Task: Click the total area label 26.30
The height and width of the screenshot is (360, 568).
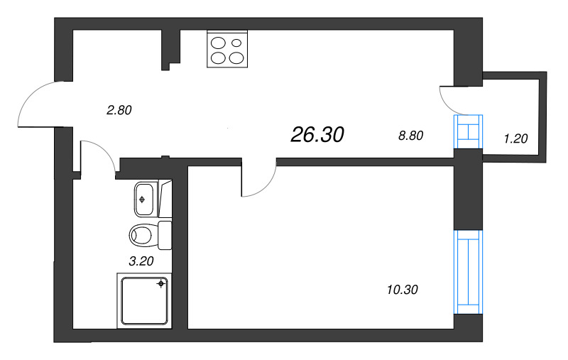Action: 317,134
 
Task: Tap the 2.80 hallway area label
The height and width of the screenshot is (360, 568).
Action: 119,110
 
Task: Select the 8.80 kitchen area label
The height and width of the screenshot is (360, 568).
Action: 411,136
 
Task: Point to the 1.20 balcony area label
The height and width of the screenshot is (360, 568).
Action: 515,138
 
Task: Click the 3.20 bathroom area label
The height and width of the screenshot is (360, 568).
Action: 141,261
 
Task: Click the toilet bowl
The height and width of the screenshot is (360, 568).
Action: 143,234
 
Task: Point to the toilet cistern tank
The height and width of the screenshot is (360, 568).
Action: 165,234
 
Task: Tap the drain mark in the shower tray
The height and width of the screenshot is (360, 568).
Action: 162,284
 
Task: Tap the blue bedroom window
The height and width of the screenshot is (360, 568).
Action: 469,271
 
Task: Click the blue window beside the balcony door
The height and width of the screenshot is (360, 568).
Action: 469,131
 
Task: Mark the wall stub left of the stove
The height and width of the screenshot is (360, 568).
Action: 170,50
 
